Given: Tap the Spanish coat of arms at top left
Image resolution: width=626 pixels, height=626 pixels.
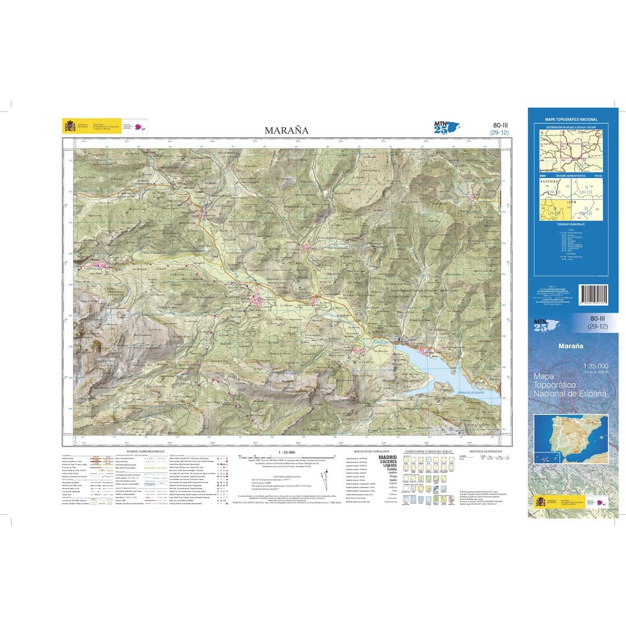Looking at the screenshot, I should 69,126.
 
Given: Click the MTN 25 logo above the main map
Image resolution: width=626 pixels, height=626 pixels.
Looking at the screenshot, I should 445,127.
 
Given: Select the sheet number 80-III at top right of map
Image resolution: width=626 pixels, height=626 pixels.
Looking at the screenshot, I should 500,125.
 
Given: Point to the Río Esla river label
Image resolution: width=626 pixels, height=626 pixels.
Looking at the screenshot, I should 381,341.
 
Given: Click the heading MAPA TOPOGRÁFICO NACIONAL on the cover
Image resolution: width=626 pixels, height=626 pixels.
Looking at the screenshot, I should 571,119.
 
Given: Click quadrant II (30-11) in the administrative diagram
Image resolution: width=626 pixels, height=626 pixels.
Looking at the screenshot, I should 586,190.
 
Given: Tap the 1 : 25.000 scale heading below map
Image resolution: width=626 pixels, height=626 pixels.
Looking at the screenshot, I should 287,452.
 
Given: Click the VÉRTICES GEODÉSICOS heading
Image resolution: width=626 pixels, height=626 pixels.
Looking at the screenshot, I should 485,451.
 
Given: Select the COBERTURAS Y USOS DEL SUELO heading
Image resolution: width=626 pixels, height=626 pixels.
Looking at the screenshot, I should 428,451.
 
